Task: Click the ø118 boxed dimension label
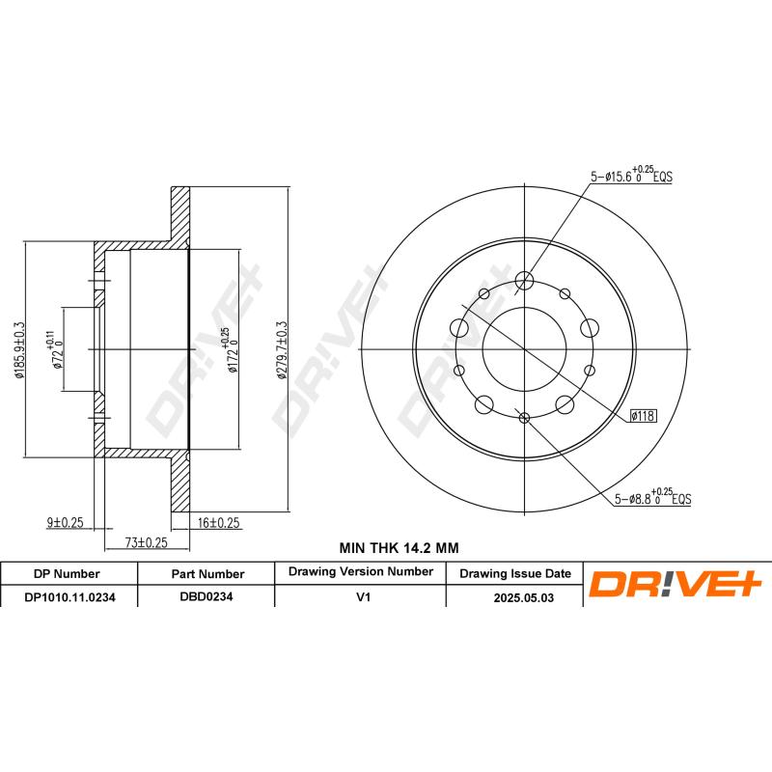(643, 416)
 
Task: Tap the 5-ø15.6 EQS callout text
(631, 176)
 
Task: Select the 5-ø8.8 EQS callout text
(652, 497)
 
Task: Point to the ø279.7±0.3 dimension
(282, 350)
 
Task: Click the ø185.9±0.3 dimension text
(19, 350)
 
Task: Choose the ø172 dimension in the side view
(231, 350)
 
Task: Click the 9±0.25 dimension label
(65, 522)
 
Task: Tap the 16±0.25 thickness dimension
(219, 523)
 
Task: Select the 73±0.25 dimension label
(147, 542)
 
